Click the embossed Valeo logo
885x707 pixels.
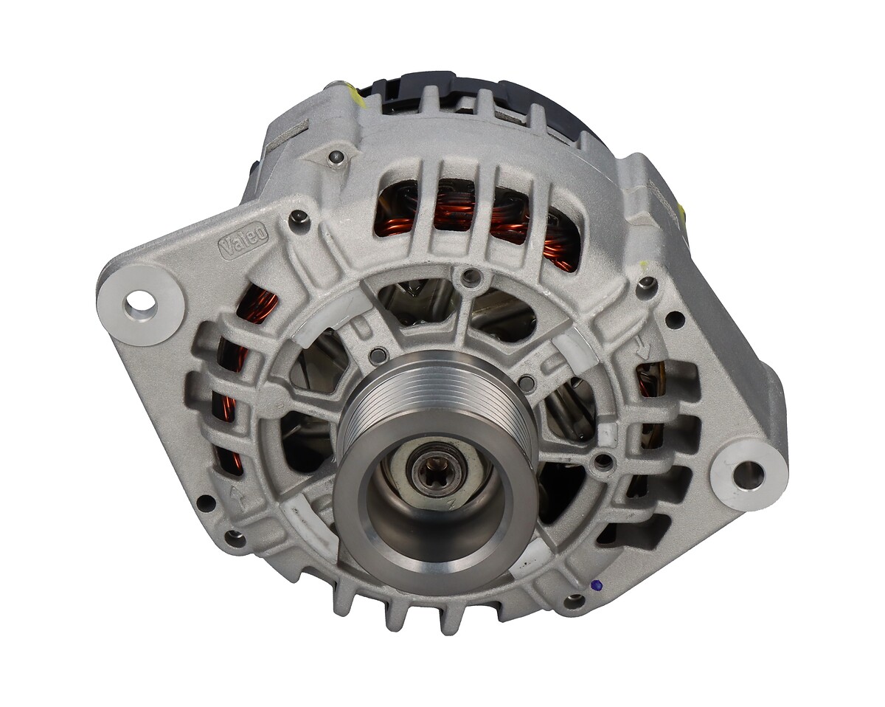(243, 240)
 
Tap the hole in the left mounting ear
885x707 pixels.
(140, 304)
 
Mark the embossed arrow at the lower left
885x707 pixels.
(240, 497)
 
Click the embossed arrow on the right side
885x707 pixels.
(642, 351)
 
